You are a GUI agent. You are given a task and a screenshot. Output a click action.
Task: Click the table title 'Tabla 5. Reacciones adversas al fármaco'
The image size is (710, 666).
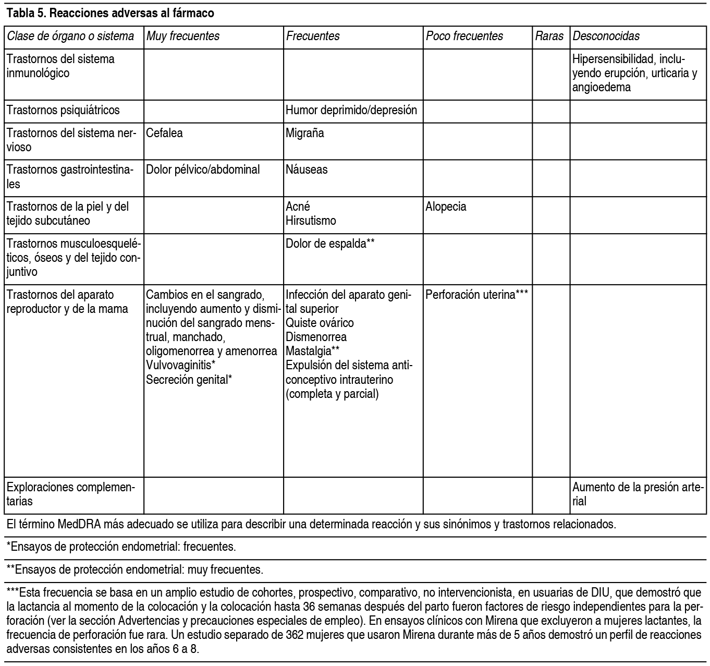[x=110, y=14]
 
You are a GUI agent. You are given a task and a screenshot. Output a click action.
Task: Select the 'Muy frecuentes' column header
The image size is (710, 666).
[x=182, y=36]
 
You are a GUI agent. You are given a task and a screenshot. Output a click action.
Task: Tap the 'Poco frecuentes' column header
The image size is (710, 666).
[x=464, y=36]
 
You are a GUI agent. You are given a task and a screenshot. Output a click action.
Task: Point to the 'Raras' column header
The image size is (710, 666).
[x=549, y=36]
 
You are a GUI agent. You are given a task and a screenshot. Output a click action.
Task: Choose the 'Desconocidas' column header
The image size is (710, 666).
[x=606, y=36]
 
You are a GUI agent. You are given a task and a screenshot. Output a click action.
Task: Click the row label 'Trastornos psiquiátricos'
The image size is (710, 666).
[x=63, y=111]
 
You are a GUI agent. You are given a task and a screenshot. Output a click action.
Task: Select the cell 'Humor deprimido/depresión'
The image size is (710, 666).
[x=351, y=111]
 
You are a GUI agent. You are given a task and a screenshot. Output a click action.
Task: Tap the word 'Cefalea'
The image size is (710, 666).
[x=164, y=133]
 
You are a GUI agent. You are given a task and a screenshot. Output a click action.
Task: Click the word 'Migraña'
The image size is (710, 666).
[x=305, y=133]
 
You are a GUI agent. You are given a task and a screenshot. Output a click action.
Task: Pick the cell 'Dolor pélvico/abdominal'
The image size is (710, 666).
[x=203, y=169]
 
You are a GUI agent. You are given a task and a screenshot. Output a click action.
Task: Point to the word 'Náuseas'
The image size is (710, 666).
[x=307, y=169]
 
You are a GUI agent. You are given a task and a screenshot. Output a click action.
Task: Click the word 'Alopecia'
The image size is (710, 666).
[x=446, y=207]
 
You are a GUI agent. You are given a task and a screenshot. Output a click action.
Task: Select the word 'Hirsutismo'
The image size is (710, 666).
[x=311, y=221]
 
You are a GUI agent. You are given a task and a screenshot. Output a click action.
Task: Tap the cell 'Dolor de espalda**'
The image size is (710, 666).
[x=330, y=244]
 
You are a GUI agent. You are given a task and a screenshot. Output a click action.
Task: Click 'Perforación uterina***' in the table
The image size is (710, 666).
[x=477, y=295]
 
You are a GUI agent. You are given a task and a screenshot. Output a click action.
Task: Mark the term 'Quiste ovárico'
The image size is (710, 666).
[x=320, y=323]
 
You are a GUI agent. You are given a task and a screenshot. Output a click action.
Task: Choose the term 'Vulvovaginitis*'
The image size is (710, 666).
[x=181, y=365]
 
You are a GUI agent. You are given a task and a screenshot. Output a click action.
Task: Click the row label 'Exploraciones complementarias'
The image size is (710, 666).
[x=70, y=494]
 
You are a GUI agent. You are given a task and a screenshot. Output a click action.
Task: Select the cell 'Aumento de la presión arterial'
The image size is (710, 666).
[x=638, y=494]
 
